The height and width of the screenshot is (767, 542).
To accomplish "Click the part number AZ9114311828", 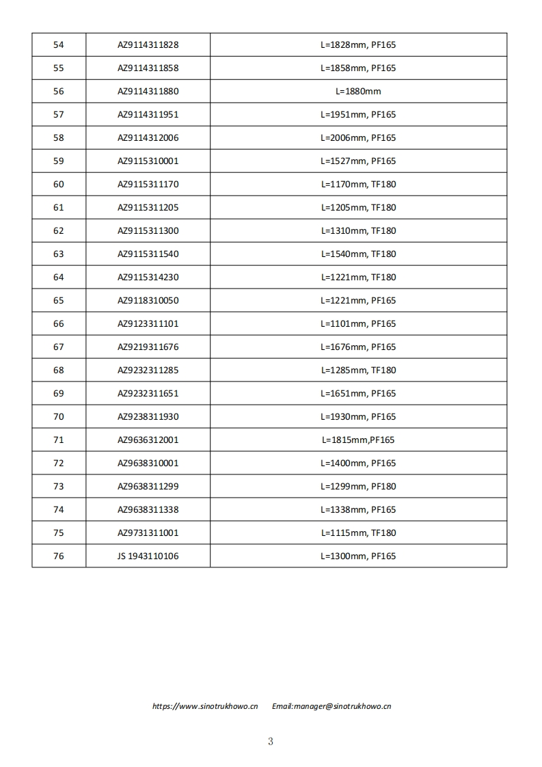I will pyautogui.click(x=148, y=45).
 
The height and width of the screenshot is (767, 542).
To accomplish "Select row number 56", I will pyautogui.click(x=59, y=92).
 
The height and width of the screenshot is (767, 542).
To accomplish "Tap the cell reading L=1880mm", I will pyautogui.click(x=358, y=92).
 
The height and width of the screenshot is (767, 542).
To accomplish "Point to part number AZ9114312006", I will pyautogui.click(x=148, y=138).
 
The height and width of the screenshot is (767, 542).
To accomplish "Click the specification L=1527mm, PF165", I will pyautogui.click(x=358, y=161).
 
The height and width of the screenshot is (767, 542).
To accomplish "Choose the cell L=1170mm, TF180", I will pyautogui.click(x=358, y=185).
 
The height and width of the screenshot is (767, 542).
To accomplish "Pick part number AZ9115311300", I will pyautogui.click(x=148, y=231).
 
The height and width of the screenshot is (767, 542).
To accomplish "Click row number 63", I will pyautogui.click(x=59, y=254).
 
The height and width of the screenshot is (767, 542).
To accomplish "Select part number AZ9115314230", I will pyautogui.click(x=148, y=278).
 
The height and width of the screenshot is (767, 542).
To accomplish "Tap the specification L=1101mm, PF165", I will pyautogui.click(x=358, y=324).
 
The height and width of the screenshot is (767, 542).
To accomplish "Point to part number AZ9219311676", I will pyautogui.click(x=148, y=347).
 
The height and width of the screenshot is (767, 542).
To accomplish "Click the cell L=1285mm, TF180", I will pyautogui.click(x=358, y=371).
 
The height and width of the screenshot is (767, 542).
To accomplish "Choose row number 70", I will pyautogui.click(x=59, y=417).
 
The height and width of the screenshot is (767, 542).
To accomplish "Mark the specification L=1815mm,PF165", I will pyautogui.click(x=358, y=440).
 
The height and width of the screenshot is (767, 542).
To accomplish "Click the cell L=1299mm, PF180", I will pyautogui.click(x=358, y=487).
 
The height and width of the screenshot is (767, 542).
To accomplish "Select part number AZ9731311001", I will pyautogui.click(x=148, y=533).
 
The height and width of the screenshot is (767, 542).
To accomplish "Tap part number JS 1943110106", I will pyautogui.click(x=148, y=556).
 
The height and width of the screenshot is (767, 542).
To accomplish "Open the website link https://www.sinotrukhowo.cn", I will pyautogui.click(x=205, y=707).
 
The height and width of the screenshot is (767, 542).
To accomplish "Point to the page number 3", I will pyautogui.click(x=271, y=742).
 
